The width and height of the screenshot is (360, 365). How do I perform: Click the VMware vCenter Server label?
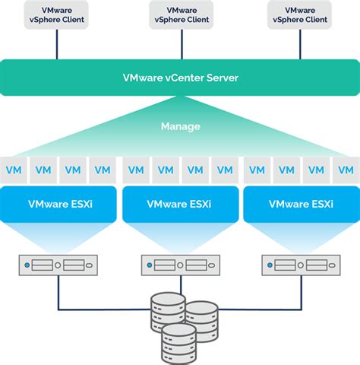pos(180,78)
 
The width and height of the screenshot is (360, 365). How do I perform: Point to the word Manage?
pos(180,125)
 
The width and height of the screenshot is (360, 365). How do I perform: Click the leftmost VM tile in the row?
pos(14,170)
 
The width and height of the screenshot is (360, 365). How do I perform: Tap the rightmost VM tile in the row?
pos(346,170)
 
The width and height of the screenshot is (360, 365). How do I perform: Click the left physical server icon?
pos(58,265)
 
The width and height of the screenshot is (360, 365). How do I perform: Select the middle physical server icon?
pos(180,265)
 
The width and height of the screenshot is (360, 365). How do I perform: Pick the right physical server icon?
pos(301,265)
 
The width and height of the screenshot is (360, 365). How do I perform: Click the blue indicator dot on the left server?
pos(28,265)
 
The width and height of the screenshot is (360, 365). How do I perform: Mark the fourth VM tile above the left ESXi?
pos(103,170)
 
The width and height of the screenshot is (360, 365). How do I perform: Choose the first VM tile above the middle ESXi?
pos(136,170)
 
